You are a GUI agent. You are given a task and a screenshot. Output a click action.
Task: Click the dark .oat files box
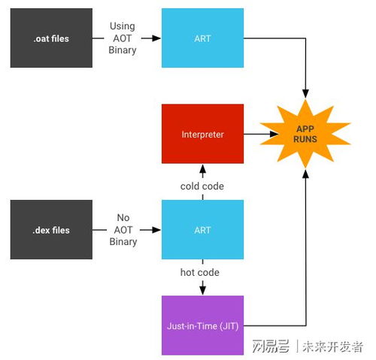coord(51,38)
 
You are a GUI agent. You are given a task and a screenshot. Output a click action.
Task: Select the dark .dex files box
coord(51,229)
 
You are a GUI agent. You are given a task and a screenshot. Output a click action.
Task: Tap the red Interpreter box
coord(202,134)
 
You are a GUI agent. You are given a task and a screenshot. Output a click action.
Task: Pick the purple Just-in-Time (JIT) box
coord(202,325)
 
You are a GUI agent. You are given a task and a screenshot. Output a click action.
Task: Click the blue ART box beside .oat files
coord(202,38)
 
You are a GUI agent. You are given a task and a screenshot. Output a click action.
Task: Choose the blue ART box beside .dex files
coord(202,229)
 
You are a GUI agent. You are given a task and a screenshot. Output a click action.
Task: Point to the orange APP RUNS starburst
coord(305,134)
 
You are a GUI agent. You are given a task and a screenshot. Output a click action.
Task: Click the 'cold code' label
coord(202,186)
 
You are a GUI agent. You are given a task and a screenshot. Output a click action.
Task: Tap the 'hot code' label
coord(200,272)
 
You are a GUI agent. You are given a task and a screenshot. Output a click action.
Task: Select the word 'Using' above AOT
coord(123,26)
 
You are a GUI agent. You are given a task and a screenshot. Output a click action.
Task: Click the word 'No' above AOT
coord(123,217)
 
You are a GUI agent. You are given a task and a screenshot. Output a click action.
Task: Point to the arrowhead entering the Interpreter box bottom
coord(203,169)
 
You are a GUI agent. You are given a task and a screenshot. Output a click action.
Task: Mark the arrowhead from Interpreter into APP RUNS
coord(274,134)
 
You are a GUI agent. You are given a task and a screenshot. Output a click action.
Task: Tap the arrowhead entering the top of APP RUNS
coord(305,94)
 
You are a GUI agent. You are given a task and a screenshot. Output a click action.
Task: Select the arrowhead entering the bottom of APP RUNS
coord(305,174)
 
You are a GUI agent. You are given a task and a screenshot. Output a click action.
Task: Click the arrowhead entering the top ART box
coord(156,38)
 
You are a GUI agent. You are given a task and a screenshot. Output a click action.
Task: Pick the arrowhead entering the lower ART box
coord(156,230)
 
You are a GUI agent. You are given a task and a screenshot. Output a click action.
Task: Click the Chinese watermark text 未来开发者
coord(332,346)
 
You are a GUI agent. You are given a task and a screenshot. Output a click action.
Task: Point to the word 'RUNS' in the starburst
coord(305,139)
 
